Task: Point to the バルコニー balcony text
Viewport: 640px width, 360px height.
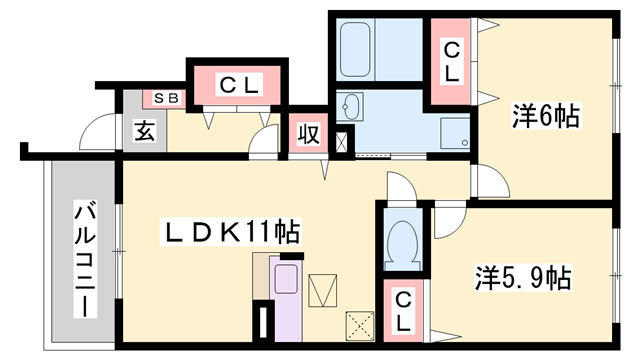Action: [x=85, y=258]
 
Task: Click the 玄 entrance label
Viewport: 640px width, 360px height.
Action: [x=144, y=130]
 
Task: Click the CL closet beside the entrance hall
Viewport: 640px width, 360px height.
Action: [x=239, y=86]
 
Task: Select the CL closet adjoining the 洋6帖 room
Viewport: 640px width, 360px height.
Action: [x=452, y=61]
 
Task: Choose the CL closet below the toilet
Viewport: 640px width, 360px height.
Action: [x=402, y=312]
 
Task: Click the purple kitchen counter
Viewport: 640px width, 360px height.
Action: [x=285, y=300]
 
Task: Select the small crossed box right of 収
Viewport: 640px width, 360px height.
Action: [x=344, y=142]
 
